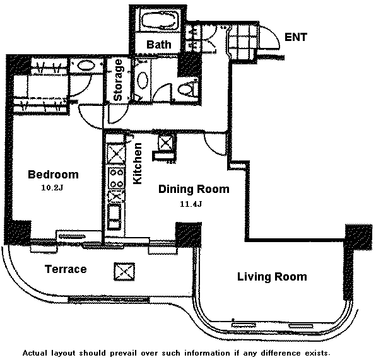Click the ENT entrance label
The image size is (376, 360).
click(296, 37)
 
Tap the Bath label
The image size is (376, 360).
click(159, 45)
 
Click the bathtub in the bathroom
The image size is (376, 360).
click(160, 21)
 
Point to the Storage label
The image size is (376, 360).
click(118, 80)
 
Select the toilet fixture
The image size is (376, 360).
click(187, 88)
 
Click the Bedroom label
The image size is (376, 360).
click(53, 174)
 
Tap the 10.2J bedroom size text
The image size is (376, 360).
click(52, 188)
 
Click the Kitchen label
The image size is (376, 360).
click(138, 163)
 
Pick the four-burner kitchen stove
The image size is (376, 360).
click(116, 178)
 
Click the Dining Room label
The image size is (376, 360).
click(194, 189)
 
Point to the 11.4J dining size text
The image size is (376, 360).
click(191, 204)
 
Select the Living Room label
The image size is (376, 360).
click(272, 277)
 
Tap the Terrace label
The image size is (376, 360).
click(66, 269)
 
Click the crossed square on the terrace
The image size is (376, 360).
click(124, 272)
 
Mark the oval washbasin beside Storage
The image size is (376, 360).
click(143, 81)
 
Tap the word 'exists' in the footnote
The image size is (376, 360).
click(317, 353)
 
